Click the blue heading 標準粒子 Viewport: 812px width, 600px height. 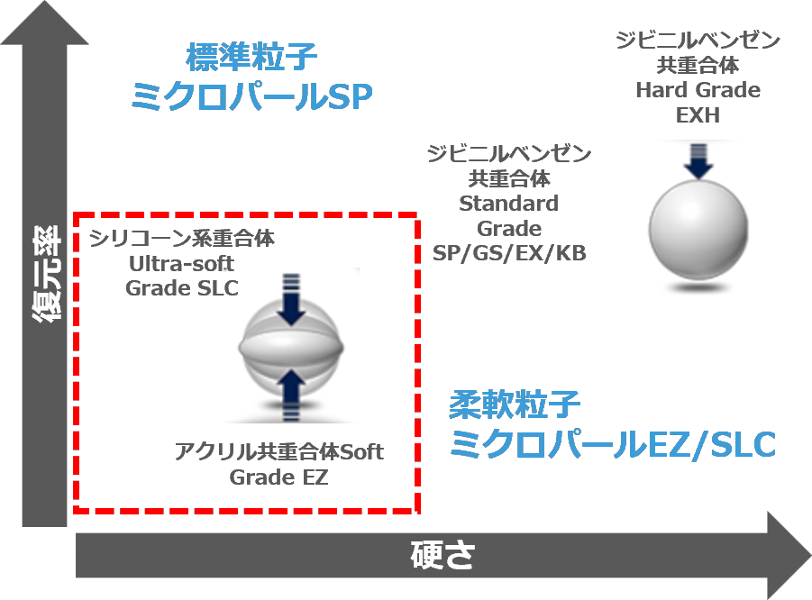click(251, 57)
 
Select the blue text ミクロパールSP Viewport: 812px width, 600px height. click(251, 96)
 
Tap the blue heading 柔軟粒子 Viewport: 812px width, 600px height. click(515, 405)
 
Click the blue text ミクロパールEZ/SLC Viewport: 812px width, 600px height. click(613, 444)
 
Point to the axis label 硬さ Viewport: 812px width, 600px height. click(442, 555)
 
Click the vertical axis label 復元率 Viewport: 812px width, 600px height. click(46, 275)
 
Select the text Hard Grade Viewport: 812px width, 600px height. click(698, 90)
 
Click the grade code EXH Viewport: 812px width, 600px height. click(698, 115)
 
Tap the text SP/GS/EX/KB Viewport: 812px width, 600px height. click(509, 253)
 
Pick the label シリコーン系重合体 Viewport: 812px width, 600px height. click(182, 238)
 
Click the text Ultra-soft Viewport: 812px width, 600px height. click(182, 264)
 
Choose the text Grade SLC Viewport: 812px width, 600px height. click(182, 288)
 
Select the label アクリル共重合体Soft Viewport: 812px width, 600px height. click(278, 451)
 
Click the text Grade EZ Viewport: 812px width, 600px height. click(278, 477)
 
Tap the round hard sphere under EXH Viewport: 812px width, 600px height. click(698, 230)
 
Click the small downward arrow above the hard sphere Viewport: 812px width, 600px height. click(698, 161)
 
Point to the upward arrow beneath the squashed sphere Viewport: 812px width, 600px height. click(291, 395)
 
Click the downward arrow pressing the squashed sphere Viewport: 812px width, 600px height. click(291, 300)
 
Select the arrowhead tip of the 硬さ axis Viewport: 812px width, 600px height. click(811, 555)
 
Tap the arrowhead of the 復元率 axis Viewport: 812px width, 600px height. click(44, 2)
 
